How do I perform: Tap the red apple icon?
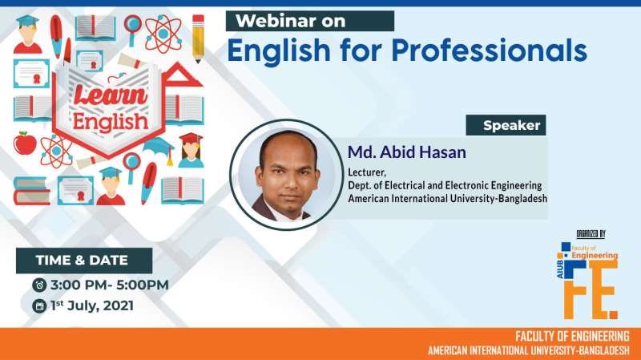[x=25, y=143]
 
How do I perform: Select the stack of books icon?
[x=30, y=190]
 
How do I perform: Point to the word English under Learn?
[x=111, y=121]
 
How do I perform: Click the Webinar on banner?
[x=309, y=21]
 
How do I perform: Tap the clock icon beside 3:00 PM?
[x=38, y=285]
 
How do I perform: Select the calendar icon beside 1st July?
[x=38, y=305]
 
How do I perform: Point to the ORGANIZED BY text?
[x=591, y=234]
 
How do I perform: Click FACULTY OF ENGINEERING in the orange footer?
[x=572, y=336]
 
